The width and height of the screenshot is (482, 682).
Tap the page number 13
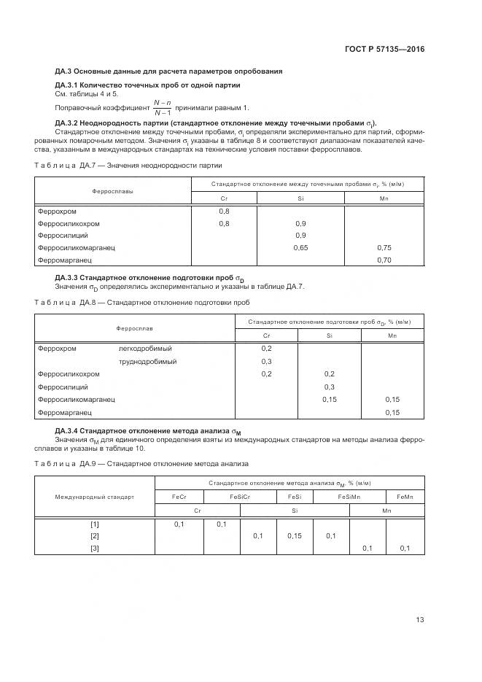419,620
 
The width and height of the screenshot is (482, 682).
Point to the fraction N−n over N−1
163,108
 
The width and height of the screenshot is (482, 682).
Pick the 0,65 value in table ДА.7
300,248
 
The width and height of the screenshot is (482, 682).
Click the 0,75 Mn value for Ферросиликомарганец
384,248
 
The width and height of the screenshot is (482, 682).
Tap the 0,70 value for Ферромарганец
384,260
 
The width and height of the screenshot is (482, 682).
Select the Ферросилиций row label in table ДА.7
63,236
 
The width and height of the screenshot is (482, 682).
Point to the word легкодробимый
145,349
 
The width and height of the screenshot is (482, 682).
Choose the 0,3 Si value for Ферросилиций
329,387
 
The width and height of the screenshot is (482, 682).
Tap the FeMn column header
405,496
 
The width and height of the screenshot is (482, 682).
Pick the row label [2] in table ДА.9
95,536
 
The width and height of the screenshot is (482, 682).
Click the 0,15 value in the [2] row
295,536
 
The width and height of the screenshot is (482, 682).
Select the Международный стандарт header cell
95,497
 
